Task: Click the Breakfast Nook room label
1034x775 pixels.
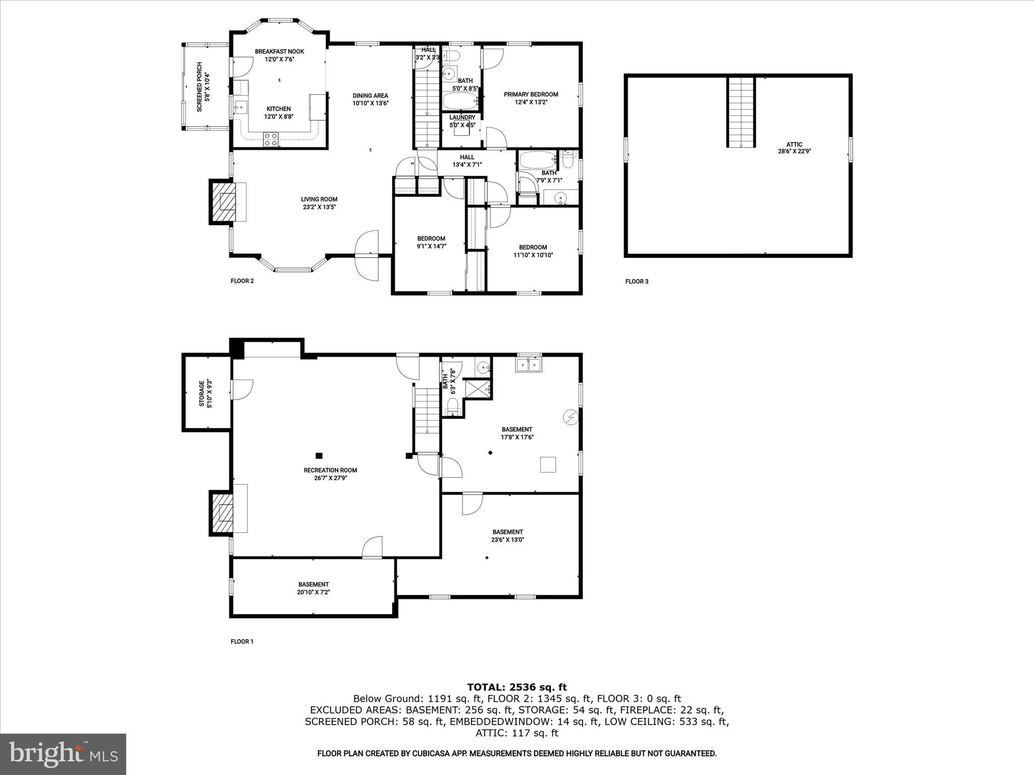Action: coord(279,51)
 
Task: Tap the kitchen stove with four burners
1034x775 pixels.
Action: coord(271,139)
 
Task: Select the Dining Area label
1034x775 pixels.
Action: coord(370,95)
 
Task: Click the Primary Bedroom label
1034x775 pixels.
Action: coord(531,94)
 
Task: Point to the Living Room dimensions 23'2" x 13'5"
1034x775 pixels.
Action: coord(319,207)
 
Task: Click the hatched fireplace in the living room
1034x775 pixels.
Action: coord(223,202)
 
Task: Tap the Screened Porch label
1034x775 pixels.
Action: coord(199,87)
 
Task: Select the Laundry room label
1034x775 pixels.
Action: coord(462,118)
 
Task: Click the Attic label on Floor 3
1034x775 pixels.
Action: coord(794,145)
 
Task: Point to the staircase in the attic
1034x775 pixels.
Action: coord(741,112)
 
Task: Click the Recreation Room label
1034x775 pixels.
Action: coord(330,470)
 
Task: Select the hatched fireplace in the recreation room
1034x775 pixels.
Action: coord(223,514)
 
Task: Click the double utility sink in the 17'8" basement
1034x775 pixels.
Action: coord(528,364)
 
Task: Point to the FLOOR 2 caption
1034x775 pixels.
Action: coord(242,281)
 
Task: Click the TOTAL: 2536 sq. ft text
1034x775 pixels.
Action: coord(516,687)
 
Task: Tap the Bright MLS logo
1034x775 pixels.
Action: coord(63,754)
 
